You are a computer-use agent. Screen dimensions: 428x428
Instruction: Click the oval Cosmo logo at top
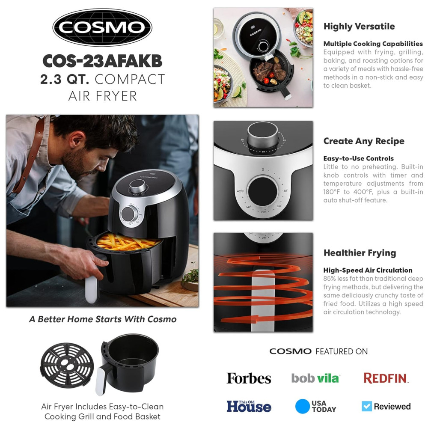(102, 27)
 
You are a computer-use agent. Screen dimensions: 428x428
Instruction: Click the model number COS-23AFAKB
(102, 61)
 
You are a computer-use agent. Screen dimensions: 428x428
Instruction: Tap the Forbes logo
(249, 378)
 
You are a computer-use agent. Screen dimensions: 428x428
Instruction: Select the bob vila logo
(315, 378)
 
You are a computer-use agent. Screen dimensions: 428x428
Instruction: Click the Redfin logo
(386, 378)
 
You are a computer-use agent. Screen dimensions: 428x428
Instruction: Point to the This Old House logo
(249, 406)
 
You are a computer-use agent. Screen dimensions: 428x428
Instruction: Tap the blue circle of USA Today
(303, 406)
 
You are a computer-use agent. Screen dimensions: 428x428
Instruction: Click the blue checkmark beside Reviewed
(367, 406)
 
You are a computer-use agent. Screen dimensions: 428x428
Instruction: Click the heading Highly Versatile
(359, 26)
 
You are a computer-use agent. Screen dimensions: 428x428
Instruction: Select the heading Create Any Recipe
(364, 141)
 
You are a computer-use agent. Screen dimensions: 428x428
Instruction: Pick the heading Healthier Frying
(360, 253)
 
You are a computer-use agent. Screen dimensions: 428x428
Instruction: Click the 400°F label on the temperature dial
(240, 191)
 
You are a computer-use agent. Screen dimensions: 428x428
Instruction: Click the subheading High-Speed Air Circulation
(368, 270)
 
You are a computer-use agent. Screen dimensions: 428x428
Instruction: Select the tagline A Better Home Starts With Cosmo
(103, 319)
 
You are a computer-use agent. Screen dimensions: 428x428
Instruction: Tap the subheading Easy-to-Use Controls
(358, 159)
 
